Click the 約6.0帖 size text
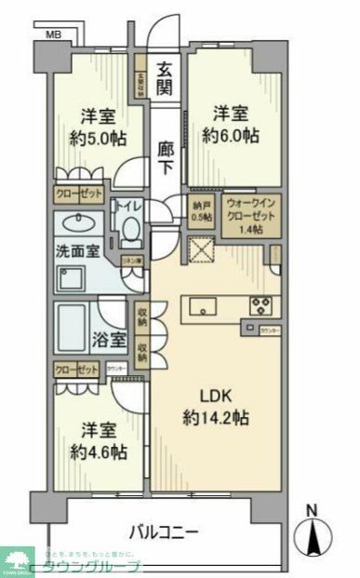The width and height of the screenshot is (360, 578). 233,136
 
